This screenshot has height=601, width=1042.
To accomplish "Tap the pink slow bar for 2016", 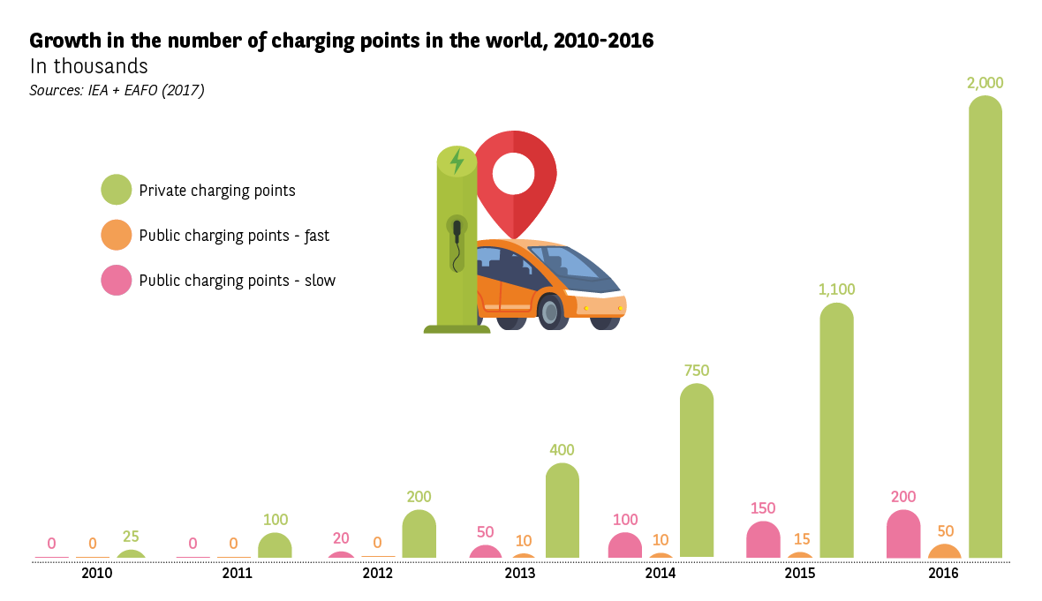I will pyautogui.click(x=903, y=535).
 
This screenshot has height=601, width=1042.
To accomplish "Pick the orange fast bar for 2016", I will pyautogui.click(x=944, y=552).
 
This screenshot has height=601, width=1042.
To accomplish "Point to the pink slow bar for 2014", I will pyautogui.click(x=624, y=545).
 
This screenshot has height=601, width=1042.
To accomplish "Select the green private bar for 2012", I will pyautogui.click(x=419, y=534).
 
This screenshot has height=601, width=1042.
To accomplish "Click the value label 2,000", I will pyautogui.click(x=985, y=83).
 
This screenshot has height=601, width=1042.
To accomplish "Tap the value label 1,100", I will pyautogui.click(x=836, y=289).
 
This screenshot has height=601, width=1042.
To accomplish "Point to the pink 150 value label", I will pyautogui.click(x=763, y=508).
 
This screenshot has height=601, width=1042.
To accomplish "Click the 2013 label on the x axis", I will pyautogui.click(x=519, y=574).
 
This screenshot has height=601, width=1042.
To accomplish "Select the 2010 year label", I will pyautogui.click(x=96, y=574).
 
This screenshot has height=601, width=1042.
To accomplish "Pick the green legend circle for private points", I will pyautogui.click(x=117, y=190).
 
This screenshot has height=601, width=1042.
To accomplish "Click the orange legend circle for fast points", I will pyautogui.click(x=117, y=236).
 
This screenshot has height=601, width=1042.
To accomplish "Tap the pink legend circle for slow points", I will pyautogui.click(x=117, y=281).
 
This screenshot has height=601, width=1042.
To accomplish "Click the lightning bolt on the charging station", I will pyautogui.click(x=457, y=162).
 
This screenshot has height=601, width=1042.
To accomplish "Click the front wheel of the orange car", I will pyautogui.click(x=550, y=312).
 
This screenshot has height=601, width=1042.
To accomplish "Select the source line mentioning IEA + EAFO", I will pyautogui.click(x=117, y=90).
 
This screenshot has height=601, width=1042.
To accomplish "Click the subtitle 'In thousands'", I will pyautogui.click(x=88, y=66).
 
